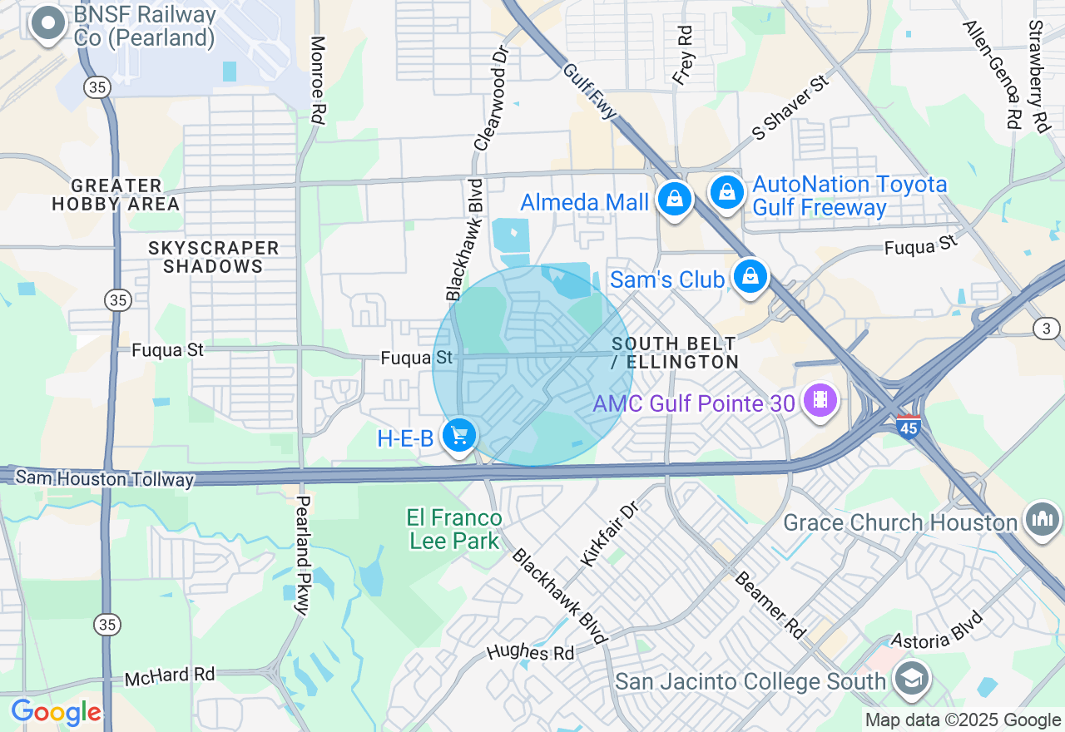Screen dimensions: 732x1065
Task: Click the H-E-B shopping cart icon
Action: click(458, 435)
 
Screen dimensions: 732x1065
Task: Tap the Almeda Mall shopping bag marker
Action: click(674, 200)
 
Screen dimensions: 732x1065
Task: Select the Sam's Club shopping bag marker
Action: click(750, 276)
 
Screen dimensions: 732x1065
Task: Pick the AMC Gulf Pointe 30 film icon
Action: click(820, 400)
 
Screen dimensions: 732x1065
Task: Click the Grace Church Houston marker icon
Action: click(1043, 520)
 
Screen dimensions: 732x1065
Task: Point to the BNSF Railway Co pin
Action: click(47, 24)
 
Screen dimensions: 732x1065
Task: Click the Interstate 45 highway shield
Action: click(909, 428)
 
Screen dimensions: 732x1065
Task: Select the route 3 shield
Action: click(1047, 329)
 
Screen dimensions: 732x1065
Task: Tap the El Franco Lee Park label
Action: click(453, 530)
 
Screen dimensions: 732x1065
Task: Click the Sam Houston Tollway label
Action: click(105, 478)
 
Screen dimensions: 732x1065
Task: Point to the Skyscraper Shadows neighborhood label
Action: click(213, 257)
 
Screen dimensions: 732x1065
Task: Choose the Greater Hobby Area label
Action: click(116, 195)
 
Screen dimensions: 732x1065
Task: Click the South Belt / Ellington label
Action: click(674, 354)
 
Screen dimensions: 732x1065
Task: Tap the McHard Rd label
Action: click(170, 676)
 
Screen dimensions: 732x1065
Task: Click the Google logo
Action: click(56, 713)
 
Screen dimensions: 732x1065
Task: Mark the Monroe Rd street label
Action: click(318, 80)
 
